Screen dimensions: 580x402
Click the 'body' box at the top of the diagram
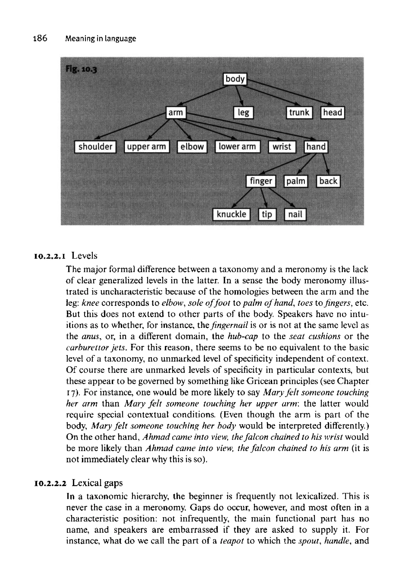pos(235,79)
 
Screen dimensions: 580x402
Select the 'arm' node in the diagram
pos(176,112)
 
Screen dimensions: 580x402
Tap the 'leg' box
pos(243,112)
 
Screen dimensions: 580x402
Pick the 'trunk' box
pos(299,112)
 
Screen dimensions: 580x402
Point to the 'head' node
pos(333,112)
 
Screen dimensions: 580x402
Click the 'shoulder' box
pos(95,147)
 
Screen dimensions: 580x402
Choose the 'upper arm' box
pos(147,147)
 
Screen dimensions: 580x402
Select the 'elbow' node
pos(192,147)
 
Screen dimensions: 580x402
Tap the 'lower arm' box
pos(237,147)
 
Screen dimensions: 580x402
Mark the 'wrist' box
pos(282,147)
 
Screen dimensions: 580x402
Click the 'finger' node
pos(261,181)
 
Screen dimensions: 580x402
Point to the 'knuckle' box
pos(231,215)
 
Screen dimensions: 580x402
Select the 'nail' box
pos(295,215)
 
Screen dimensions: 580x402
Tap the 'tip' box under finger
pos(267,215)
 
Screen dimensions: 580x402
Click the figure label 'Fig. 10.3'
pos(81,69)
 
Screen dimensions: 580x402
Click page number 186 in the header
pos(40,38)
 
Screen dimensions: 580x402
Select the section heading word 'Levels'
pos(84,256)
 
